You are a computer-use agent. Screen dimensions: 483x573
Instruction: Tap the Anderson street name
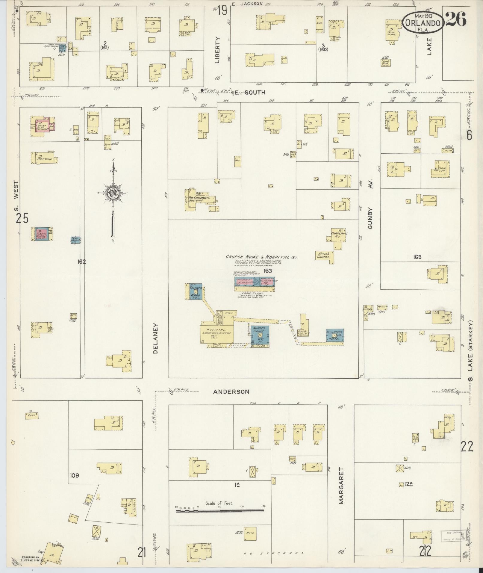click(231, 391)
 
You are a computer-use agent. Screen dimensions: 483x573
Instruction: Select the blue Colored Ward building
click(196, 291)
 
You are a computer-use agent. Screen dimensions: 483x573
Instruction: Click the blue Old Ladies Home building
click(335, 335)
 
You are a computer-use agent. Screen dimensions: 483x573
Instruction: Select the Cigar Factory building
click(442, 169)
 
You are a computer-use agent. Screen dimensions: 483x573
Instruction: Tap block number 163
click(267, 271)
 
